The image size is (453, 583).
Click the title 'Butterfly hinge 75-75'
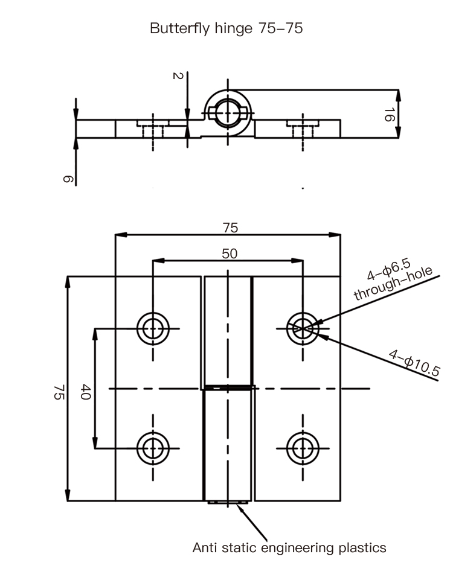226,28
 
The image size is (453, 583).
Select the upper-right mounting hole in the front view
301,328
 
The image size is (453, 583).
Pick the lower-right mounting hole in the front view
301,448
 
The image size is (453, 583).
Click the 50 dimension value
230,253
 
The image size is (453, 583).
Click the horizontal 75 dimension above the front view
230,228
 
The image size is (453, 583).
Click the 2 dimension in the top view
177,76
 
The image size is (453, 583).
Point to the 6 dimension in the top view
67,179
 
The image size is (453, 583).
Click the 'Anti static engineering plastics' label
289,548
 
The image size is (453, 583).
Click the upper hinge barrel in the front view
228,331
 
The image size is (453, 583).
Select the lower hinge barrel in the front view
228,444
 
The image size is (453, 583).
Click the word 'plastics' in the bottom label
361,548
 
